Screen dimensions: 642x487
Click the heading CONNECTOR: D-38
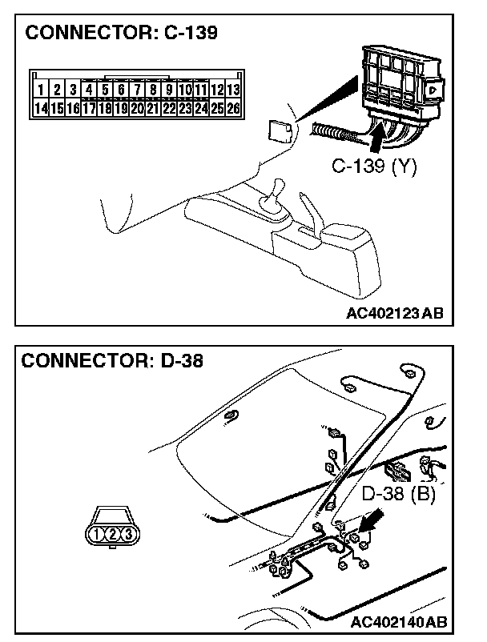pos(112,360)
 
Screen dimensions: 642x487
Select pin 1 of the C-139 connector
pos(39,90)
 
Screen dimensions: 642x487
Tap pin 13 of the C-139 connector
pos(233,90)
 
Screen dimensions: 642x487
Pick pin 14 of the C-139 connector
pos(39,107)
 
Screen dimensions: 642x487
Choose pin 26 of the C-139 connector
pos(233,107)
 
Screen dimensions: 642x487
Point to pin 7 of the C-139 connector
pos(137,90)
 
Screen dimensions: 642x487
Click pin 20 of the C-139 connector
pos(137,107)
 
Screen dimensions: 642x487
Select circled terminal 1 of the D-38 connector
pos(97,534)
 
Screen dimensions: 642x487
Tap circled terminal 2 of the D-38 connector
pos(113,534)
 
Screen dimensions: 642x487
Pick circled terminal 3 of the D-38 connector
pos(128,534)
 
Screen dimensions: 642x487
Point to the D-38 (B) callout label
pos(398,494)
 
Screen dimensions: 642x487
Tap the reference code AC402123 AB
pos(394,313)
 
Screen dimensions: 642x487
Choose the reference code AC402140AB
pos(399,622)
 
